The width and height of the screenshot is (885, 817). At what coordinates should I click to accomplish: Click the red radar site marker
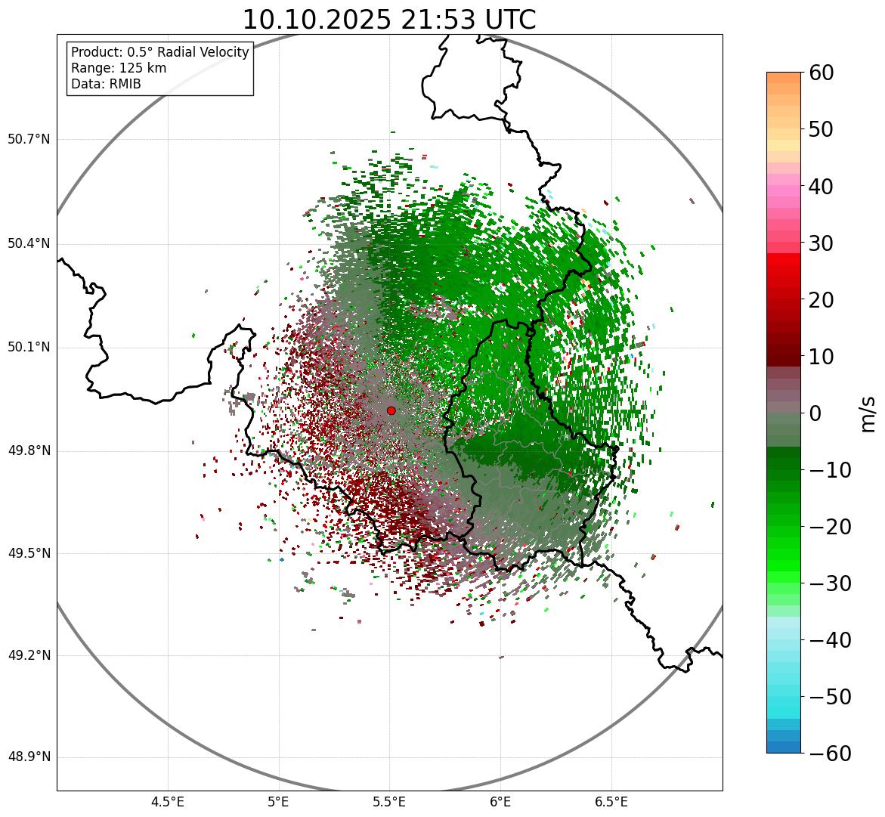point(391,410)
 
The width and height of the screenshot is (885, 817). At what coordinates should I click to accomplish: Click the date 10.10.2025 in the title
point(317,20)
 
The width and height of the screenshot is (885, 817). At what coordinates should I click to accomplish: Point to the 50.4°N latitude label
point(29,243)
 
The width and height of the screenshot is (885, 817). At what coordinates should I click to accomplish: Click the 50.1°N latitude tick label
point(29,347)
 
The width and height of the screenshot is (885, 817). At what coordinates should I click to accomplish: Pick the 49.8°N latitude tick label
point(29,450)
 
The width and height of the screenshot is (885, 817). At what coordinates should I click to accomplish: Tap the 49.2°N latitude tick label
point(29,655)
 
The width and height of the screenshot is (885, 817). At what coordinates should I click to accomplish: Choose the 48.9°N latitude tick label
point(29,757)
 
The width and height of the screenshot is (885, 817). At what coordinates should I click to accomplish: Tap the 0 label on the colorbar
point(815,413)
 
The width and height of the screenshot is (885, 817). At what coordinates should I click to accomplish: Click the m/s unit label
point(868,413)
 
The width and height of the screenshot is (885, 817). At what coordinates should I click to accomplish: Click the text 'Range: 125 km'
point(119,68)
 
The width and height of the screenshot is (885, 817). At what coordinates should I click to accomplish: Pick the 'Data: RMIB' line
point(106,84)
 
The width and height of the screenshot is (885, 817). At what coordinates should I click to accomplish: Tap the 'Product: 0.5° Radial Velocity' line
point(159,52)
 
